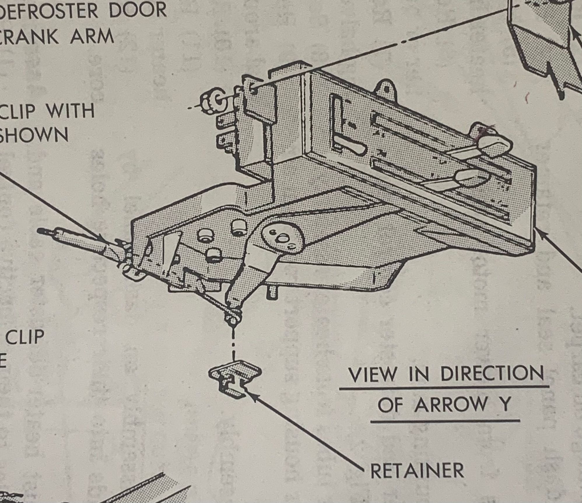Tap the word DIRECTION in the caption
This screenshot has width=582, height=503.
(x=492, y=374)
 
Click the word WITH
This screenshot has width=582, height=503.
(x=71, y=111)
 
